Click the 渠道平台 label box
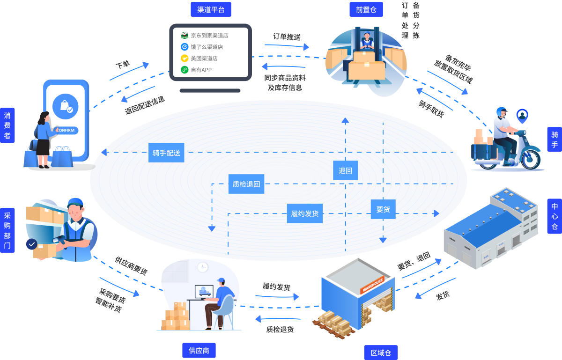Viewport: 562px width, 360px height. [211, 9]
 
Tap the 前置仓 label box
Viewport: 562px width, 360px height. [366, 9]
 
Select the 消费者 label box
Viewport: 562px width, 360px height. [7, 125]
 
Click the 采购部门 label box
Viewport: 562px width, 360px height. [7, 230]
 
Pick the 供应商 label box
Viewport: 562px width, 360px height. [199, 350]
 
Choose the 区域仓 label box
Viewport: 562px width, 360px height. [381, 353]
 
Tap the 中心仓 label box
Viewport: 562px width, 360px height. [555, 216]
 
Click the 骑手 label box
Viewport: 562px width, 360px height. [555, 140]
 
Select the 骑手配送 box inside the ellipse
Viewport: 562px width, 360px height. [166, 153]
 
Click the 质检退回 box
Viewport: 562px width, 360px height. [246, 184]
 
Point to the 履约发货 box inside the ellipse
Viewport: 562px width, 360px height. [305, 213]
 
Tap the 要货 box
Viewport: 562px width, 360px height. [383, 209]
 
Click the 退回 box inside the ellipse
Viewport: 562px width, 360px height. [346, 170]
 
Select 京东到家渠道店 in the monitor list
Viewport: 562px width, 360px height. [209, 35]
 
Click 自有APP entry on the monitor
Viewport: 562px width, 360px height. [201, 70]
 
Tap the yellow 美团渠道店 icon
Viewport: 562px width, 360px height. [185, 58]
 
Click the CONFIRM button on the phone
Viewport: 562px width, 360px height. [66, 130]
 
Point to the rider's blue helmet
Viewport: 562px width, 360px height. [502, 112]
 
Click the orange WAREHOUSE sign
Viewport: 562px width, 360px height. [372, 285]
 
